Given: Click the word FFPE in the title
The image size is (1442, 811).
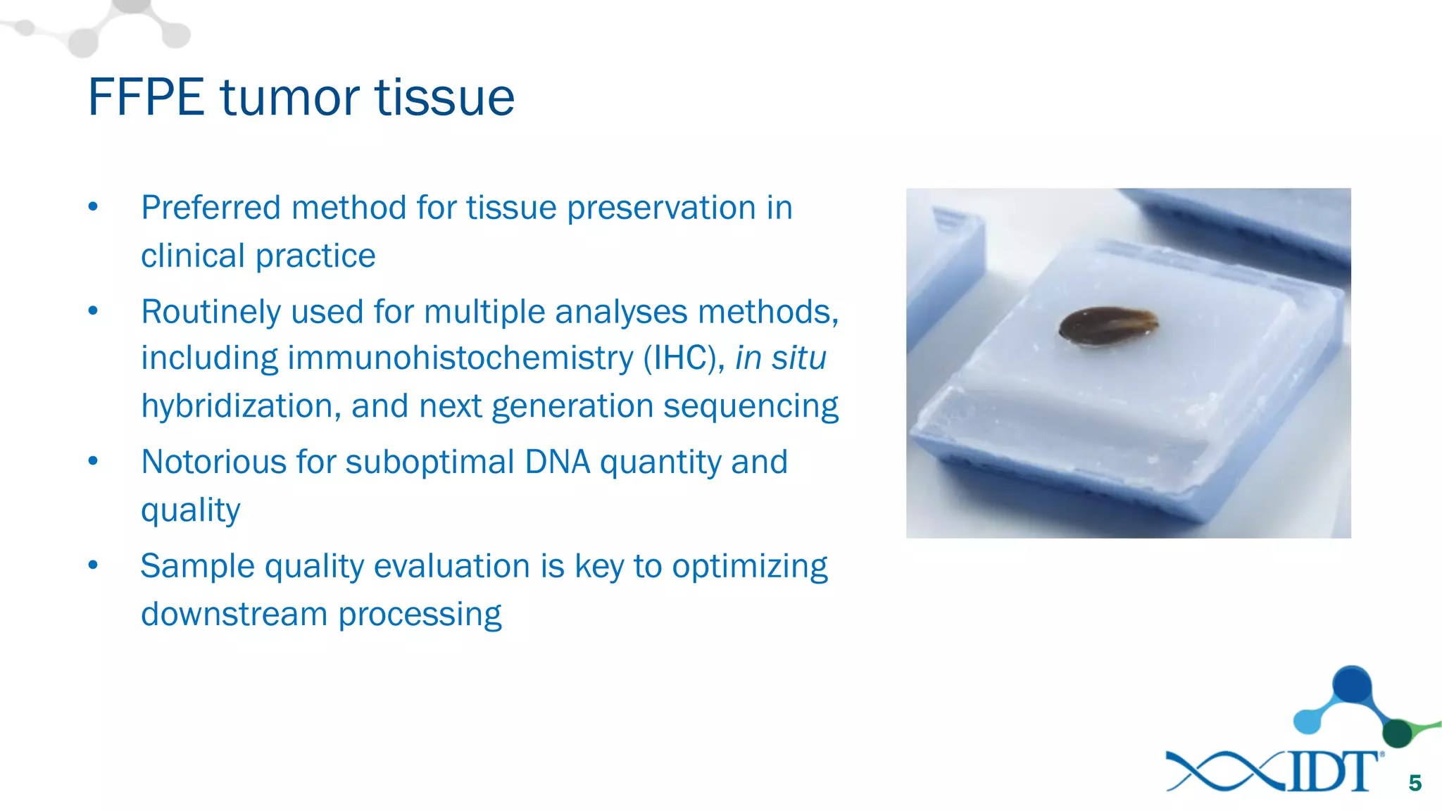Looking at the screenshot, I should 146,97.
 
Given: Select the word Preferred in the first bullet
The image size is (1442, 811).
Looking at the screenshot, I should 211,208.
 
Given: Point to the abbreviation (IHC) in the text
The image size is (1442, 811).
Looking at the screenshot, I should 684,358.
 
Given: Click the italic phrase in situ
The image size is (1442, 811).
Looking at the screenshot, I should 780,358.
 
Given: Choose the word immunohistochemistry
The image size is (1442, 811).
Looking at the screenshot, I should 460,358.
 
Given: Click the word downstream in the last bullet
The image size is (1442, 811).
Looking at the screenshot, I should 234,614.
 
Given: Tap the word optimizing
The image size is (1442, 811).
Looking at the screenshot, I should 750,567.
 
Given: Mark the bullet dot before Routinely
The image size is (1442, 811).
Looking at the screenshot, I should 93,311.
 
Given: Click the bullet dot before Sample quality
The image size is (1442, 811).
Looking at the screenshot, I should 93,565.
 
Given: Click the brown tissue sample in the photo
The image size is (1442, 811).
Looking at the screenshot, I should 1108,326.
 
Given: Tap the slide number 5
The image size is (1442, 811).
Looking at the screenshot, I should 1415,783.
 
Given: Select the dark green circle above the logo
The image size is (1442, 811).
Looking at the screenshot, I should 1398,734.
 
